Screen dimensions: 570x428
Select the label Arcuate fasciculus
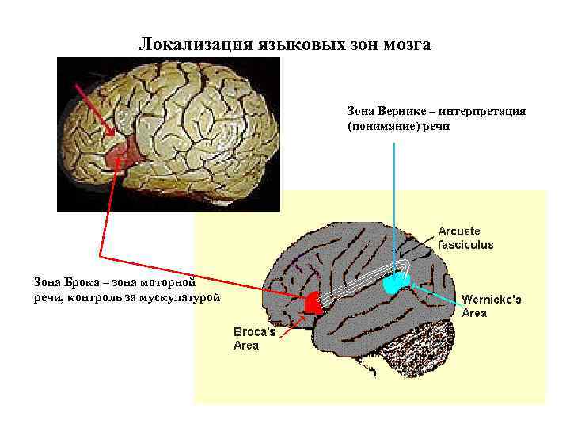466,238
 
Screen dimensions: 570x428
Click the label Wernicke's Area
491,306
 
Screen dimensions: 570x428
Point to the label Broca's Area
254,338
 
